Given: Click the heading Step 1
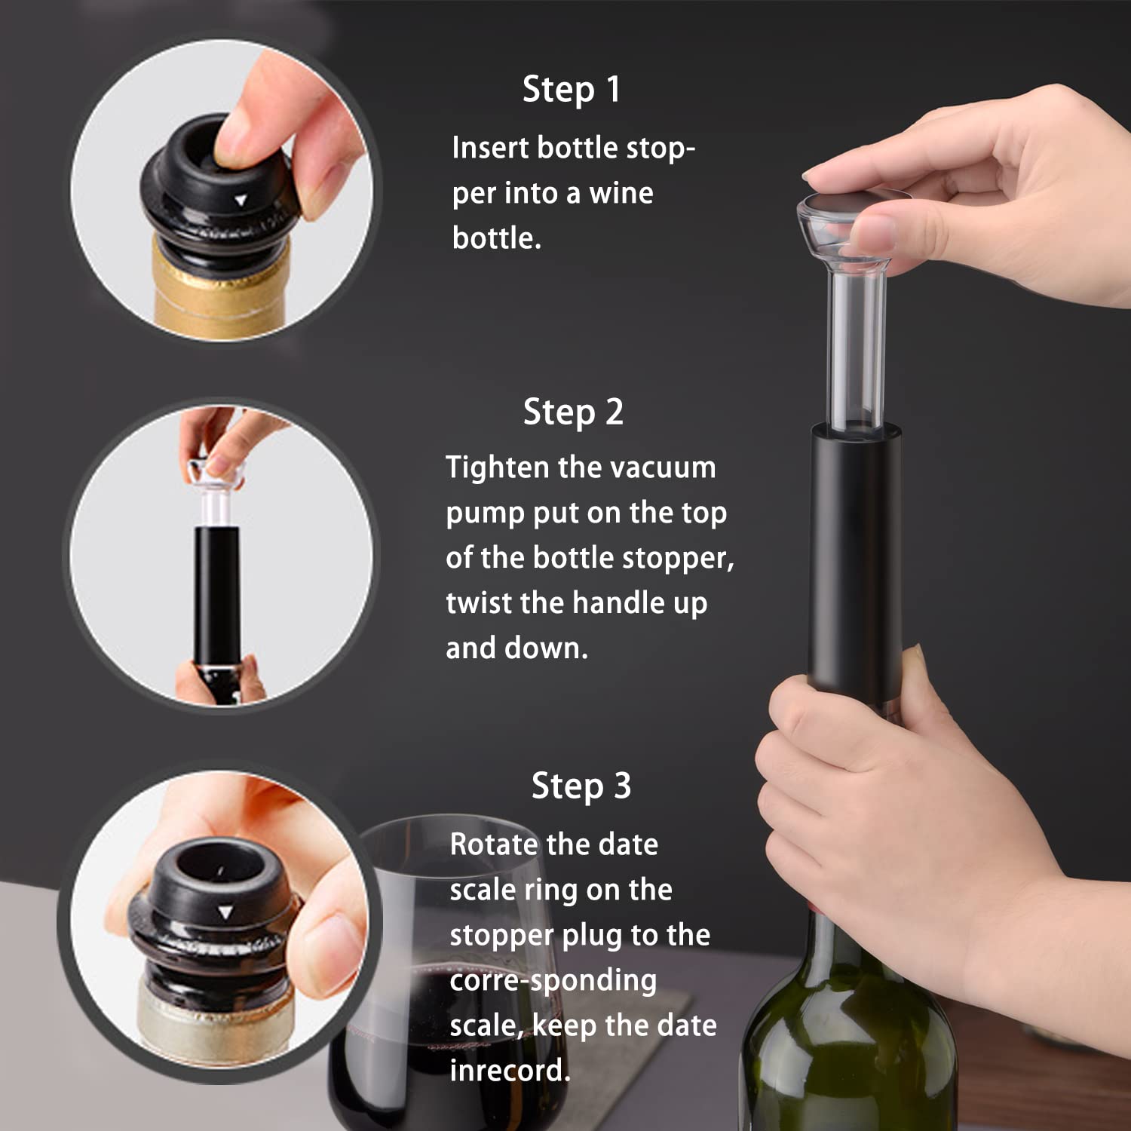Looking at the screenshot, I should [x=571, y=90].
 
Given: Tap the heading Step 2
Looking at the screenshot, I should [x=573, y=412].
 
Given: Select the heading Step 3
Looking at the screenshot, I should [x=581, y=786].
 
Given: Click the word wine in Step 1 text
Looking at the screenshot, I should [x=621, y=193].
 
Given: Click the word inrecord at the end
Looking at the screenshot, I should [x=510, y=1071].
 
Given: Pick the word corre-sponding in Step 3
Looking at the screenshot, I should [x=553, y=980].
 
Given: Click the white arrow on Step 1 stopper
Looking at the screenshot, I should [x=241, y=201].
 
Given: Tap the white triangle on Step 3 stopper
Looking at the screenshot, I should [x=225, y=913].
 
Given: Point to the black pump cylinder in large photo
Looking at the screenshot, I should [x=855, y=550].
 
